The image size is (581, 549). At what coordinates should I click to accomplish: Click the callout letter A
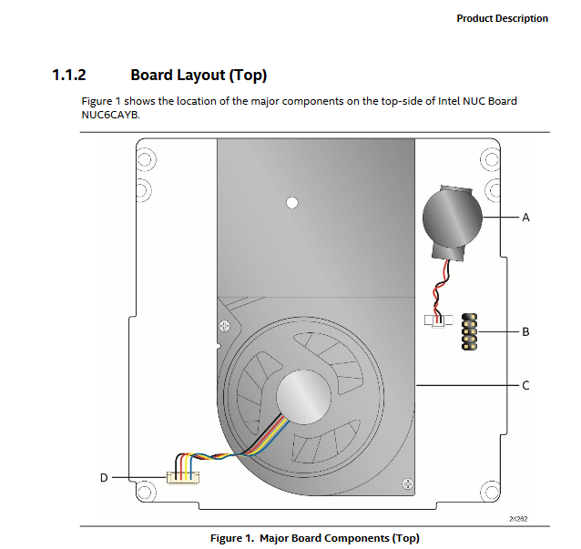coord(525,218)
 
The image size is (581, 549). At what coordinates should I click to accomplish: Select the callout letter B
coord(525,331)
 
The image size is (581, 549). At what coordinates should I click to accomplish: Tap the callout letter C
coord(525,385)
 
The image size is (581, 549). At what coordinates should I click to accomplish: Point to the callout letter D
coord(104,477)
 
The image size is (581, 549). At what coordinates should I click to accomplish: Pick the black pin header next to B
coord(470,331)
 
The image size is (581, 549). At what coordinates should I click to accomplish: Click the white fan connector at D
coord(180,476)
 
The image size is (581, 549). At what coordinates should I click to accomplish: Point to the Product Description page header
coord(502,18)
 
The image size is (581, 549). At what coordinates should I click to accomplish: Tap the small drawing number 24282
coord(518,518)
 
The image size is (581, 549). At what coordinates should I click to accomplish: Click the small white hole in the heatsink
coord(292,201)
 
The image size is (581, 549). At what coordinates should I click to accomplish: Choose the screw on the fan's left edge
coord(223,325)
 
